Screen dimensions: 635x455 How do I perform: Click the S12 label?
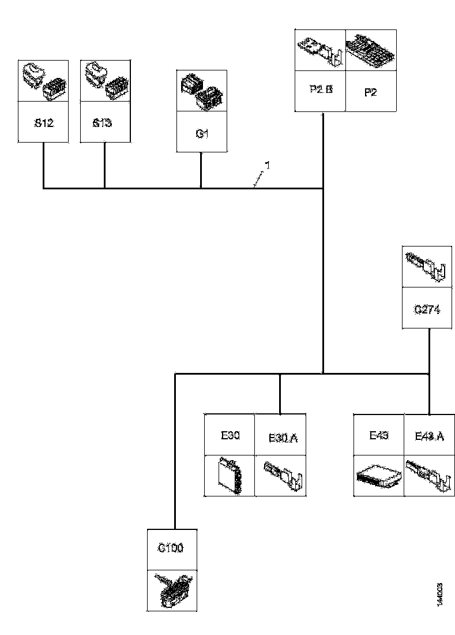click(44, 122)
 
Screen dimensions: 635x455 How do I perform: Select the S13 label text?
click(102, 122)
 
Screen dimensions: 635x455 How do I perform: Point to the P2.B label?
click(319, 91)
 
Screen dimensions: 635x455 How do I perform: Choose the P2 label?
click(370, 91)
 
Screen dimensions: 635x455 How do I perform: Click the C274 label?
click(427, 309)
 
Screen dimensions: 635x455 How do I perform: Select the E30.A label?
click(283, 438)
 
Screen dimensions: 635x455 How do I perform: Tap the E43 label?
click(379, 435)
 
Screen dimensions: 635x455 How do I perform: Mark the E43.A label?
click(430, 436)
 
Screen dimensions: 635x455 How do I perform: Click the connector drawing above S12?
click(44, 80)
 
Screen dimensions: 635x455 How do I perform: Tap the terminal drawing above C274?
click(427, 267)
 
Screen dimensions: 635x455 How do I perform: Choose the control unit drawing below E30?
click(230, 475)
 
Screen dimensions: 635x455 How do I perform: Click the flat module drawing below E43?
click(379, 476)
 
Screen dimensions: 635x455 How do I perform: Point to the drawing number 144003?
click(440, 594)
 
